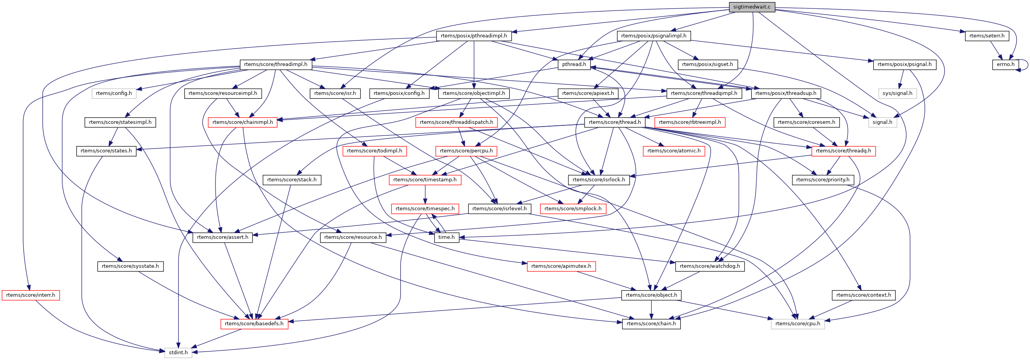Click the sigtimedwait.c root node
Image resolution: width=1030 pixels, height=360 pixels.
751,7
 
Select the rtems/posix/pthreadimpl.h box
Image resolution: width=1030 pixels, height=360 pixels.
474,35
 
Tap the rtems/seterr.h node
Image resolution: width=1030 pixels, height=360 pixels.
986,35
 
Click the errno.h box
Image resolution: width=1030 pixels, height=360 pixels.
1005,64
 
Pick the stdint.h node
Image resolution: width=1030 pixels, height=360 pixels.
178,352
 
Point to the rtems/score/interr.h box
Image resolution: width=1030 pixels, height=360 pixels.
30,295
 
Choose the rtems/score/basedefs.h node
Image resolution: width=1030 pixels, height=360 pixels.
254,324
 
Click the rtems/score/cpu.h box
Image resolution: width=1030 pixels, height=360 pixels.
797,324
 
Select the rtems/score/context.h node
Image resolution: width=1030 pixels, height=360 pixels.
863,295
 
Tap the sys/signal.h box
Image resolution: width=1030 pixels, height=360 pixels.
897,93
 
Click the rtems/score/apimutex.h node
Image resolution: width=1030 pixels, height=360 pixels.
561,266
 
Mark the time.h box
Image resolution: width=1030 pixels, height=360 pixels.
446,237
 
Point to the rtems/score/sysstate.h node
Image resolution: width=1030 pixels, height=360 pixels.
130,266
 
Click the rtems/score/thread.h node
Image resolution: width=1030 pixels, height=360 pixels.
615,122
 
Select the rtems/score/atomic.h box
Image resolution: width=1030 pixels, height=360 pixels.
674,151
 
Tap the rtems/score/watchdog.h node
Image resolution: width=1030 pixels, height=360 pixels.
709,266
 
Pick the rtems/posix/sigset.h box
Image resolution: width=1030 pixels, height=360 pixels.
707,64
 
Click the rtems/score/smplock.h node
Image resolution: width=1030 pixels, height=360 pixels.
573,208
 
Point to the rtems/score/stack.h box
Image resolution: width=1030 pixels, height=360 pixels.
292,179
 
